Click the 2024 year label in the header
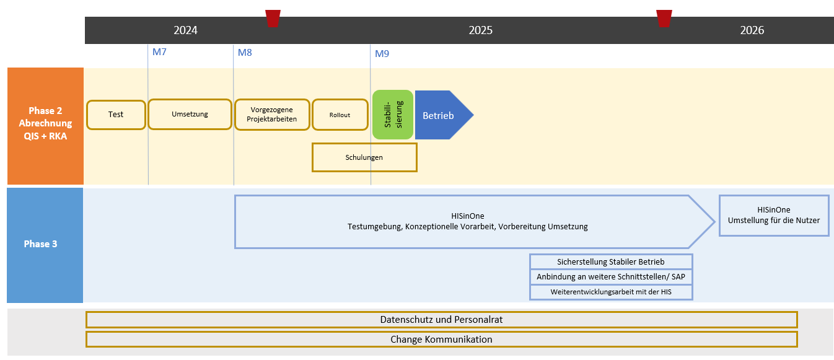[185, 30]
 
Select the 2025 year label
[480, 30]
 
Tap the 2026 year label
[752, 30]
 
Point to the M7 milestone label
[159, 52]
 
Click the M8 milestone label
[245, 53]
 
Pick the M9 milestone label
[382, 54]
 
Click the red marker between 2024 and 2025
[273, 18]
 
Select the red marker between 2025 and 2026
[664, 18]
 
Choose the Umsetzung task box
[190, 114]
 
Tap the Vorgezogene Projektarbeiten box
[272, 115]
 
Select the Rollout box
[340, 115]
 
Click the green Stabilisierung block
[392, 115]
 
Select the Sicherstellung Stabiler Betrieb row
[611, 261]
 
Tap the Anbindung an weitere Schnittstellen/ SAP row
[611, 277]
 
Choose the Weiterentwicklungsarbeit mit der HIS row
[611, 292]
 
